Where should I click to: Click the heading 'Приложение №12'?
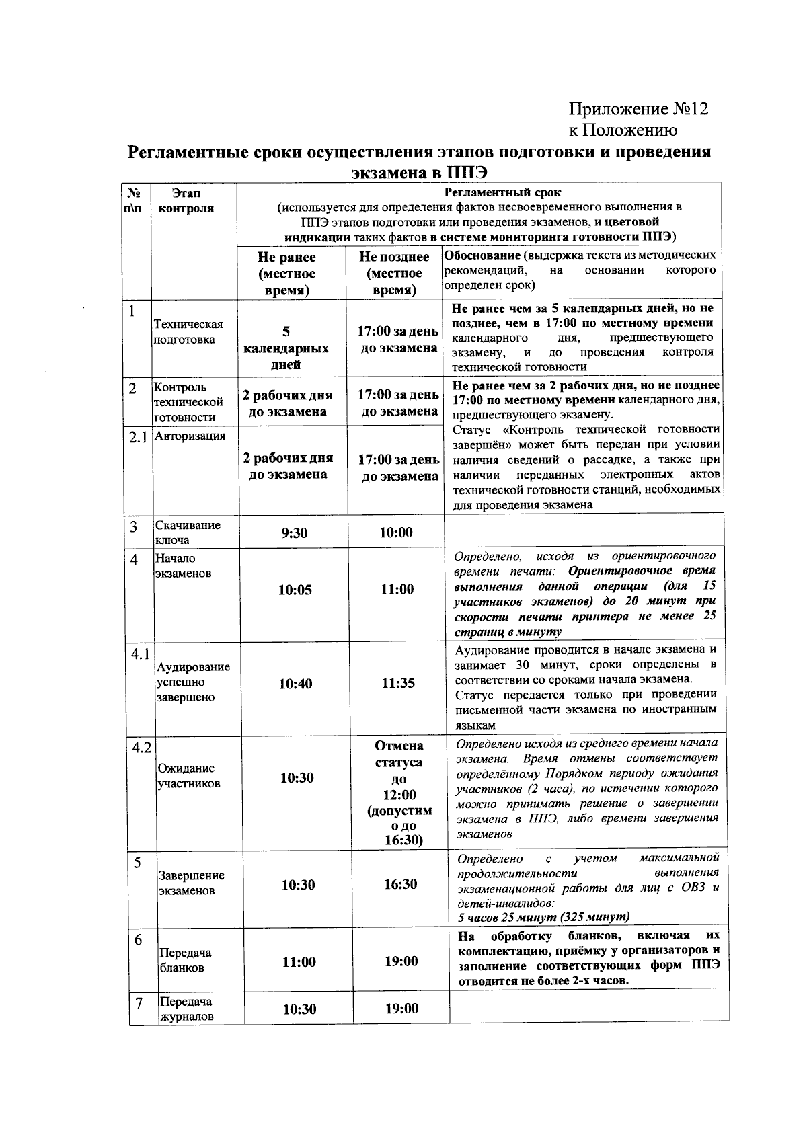[638, 109]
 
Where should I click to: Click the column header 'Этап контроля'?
[186, 200]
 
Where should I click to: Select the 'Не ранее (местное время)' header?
[286, 274]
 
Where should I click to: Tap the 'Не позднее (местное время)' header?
[394, 273]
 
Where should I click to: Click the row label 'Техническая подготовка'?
[188, 332]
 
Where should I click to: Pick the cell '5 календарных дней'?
[286, 348]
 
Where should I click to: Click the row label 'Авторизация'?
[190, 436]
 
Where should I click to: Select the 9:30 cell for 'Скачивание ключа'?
[294, 533]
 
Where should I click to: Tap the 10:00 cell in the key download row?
[395, 533]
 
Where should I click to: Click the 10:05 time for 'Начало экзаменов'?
[295, 590]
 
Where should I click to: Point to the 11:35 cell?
[398, 683]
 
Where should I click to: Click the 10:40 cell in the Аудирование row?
[296, 684]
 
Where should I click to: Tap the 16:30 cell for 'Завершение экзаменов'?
[401, 884]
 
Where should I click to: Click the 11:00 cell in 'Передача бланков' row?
[299, 962]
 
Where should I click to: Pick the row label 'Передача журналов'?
[186, 1009]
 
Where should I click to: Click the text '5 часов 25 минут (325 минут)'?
[543, 917]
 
